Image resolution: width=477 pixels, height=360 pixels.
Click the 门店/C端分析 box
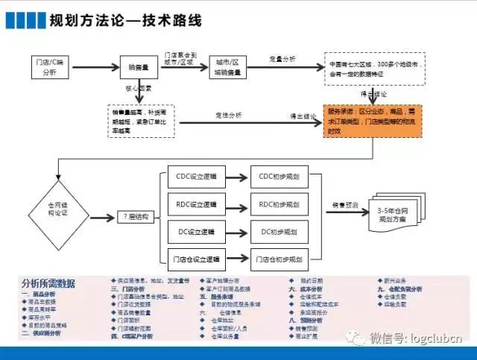pos(49,67)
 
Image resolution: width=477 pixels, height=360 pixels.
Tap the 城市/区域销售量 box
pos(227,67)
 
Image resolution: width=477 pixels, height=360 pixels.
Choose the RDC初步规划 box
pos(278,204)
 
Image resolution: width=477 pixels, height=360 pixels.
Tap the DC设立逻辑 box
pos(192,232)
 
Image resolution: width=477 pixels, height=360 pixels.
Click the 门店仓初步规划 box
pos(278,260)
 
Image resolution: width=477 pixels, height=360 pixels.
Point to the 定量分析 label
pos(282,58)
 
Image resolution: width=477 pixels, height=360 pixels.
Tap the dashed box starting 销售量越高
pos(140,120)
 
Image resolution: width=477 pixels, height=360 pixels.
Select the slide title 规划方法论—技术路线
pos(124,20)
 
